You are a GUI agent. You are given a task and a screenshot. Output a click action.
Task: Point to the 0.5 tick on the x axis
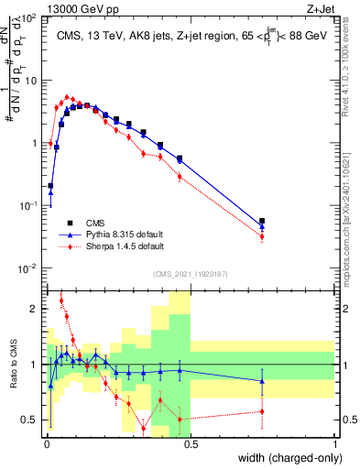click(x=190, y=442)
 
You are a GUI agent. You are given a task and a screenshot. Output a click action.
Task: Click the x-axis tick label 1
click(x=334, y=442)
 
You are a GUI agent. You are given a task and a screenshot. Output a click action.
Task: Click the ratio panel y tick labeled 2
click(x=37, y=309)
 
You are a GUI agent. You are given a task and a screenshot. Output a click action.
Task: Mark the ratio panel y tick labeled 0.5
click(x=33, y=420)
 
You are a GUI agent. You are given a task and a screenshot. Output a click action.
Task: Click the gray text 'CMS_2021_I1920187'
click(x=190, y=273)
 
